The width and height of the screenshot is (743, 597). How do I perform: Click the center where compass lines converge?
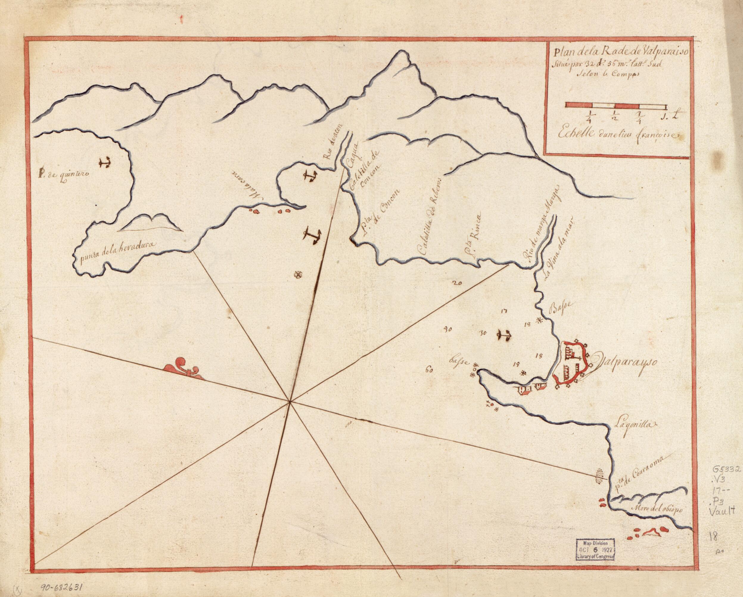tap(290, 401)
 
